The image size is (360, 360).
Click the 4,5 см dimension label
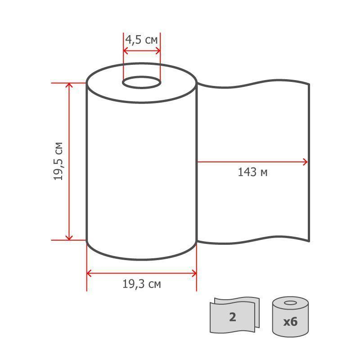pyautogui.click(x=141, y=40)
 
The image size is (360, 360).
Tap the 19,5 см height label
pyautogui.click(x=58, y=161)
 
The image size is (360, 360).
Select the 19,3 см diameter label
pyautogui.click(x=141, y=284)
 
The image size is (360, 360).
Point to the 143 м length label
pyautogui.click(x=252, y=172)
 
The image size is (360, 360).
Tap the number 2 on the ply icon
pyautogui.click(x=233, y=317)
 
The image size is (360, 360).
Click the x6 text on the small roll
pyautogui.click(x=290, y=322)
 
